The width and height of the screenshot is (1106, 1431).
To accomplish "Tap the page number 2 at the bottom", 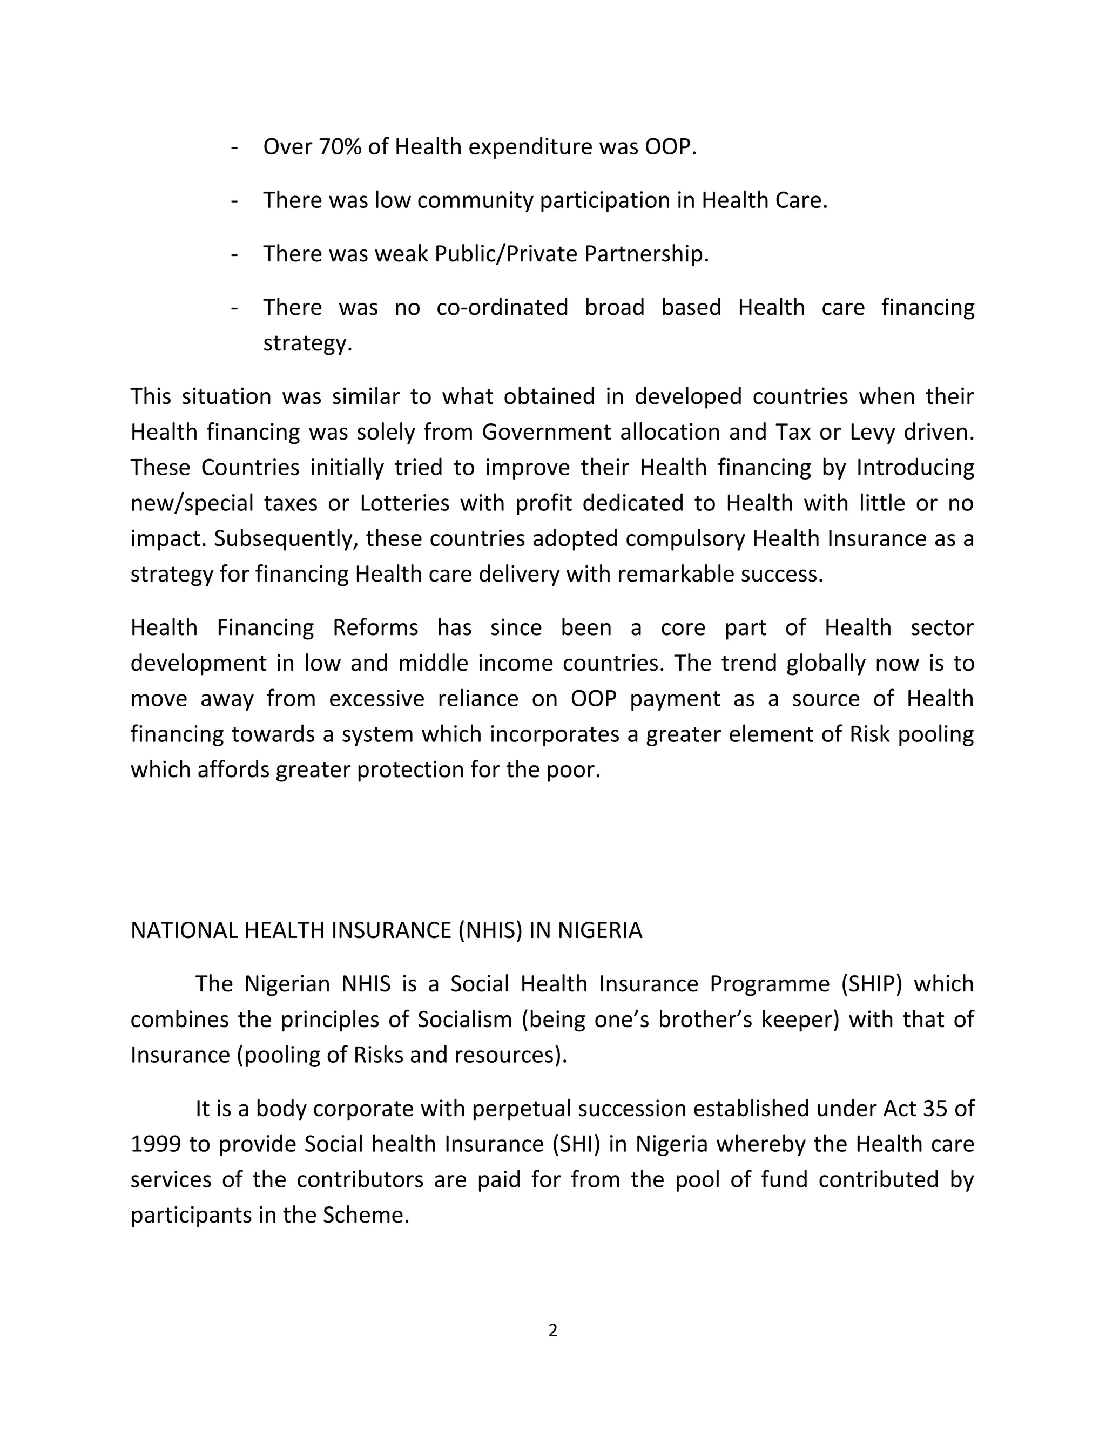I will (x=552, y=1331).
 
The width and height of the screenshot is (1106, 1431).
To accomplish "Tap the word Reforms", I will (x=375, y=627).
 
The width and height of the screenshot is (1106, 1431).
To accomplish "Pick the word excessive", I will (x=376, y=698).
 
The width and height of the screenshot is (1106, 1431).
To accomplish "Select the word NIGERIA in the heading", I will (x=599, y=930).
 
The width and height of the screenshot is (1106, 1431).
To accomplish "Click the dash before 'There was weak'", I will (x=234, y=254).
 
